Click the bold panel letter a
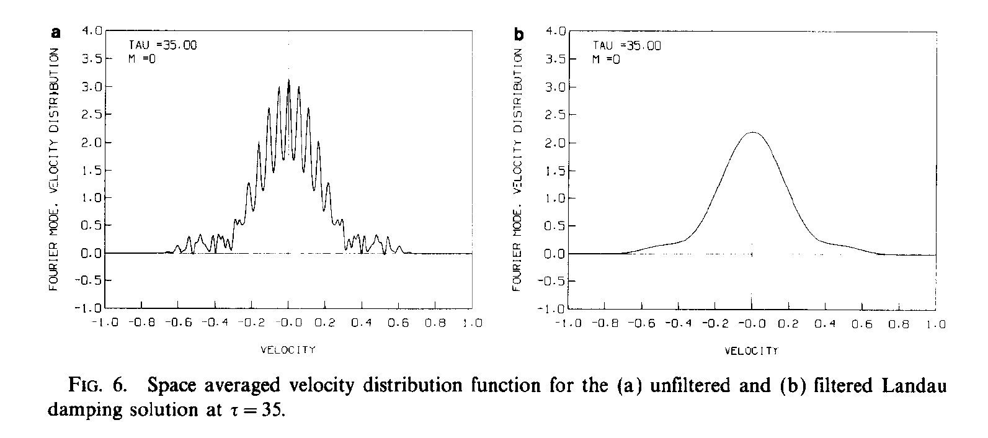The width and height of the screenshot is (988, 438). tap(56, 34)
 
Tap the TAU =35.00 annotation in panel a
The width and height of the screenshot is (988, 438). tap(162, 45)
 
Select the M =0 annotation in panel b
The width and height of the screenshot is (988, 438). tap(606, 60)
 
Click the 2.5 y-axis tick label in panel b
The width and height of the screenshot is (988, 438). tap(555, 115)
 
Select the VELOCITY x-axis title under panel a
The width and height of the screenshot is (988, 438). tap(288, 350)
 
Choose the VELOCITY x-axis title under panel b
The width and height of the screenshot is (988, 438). tap(751, 351)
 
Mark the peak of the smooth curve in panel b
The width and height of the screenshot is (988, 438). tap(752, 132)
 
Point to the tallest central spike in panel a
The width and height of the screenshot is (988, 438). tap(289, 80)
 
